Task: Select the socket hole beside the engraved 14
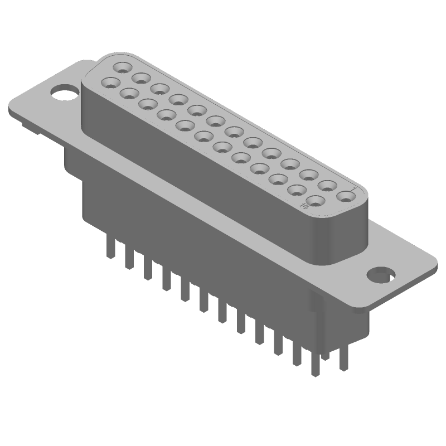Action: click(316, 201)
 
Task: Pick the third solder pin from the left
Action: click(147, 268)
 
